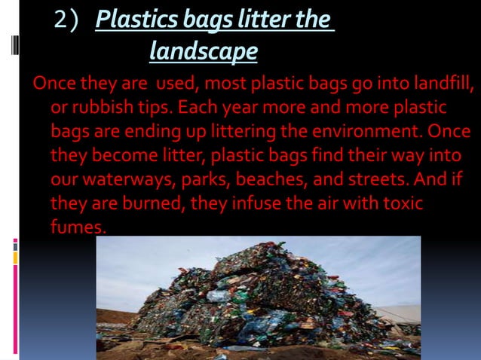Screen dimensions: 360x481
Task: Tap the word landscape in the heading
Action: click(203, 51)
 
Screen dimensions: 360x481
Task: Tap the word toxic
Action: click(400, 204)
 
